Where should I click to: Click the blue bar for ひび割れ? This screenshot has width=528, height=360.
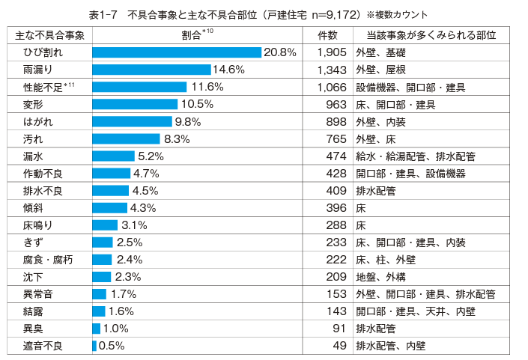pyautogui.click(x=176, y=52)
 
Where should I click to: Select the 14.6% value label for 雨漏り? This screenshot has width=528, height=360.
pyautogui.click(x=229, y=70)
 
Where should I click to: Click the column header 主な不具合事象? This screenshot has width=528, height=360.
pyautogui.click(x=50, y=35)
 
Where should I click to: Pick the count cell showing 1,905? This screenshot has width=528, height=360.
pyautogui.click(x=330, y=52)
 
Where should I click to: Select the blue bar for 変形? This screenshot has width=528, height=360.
pyautogui.click(x=135, y=104)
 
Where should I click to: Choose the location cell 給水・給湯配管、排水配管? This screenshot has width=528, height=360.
pyautogui.click(x=416, y=156)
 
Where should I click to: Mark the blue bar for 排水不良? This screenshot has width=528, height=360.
pyautogui.click(x=110, y=190)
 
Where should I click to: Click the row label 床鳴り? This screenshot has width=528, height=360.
pyautogui.click(x=38, y=225)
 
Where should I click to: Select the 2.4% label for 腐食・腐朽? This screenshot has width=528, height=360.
pyautogui.click(x=129, y=259)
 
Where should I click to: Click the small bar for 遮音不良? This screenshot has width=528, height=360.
pyautogui.click(x=94, y=345)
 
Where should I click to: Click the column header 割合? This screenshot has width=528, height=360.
pyautogui.click(x=196, y=35)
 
